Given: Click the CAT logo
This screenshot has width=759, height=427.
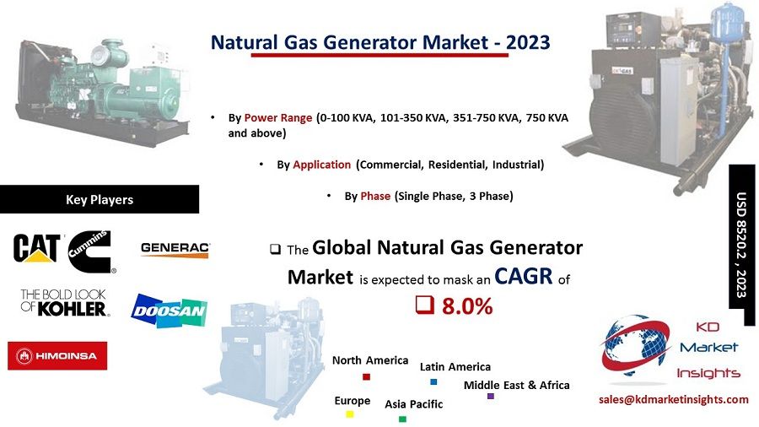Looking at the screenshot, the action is [x=37, y=248].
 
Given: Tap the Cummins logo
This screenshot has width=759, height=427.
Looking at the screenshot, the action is [x=90, y=251].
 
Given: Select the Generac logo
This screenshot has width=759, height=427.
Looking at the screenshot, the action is [x=175, y=250].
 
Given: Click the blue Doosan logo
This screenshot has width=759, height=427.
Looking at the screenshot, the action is [x=169, y=311].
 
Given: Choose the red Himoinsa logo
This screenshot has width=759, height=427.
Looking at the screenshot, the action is [x=57, y=356].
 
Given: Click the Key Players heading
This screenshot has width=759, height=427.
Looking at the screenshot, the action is [x=100, y=199].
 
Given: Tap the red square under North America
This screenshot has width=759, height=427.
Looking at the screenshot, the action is [x=367, y=376].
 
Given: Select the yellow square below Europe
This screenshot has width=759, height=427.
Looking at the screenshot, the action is [x=349, y=414].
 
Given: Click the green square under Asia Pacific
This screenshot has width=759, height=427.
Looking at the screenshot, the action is [x=402, y=419].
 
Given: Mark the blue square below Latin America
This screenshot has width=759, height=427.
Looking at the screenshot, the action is [x=433, y=381].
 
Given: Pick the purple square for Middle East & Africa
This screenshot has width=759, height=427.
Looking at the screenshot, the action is [x=490, y=396].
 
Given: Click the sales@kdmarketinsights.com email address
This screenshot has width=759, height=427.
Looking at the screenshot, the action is [x=674, y=400].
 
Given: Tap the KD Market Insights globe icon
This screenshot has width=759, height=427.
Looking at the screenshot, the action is [x=635, y=346].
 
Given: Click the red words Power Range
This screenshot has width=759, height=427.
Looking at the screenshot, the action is [x=278, y=118].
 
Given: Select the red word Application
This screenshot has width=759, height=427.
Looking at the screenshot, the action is [x=322, y=165].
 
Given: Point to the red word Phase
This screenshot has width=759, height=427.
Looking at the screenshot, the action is [x=375, y=196].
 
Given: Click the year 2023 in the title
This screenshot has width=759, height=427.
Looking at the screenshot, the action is [x=528, y=42].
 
